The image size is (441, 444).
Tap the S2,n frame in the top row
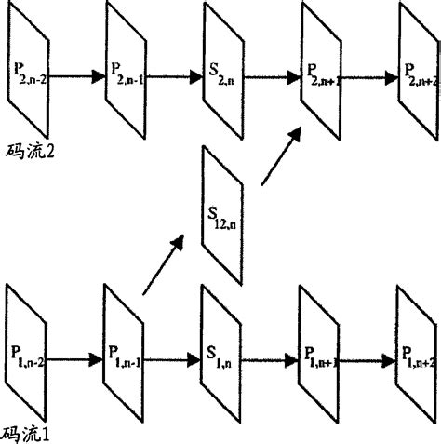(x=223, y=73)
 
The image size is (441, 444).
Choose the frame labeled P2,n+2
(x=417, y=73)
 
